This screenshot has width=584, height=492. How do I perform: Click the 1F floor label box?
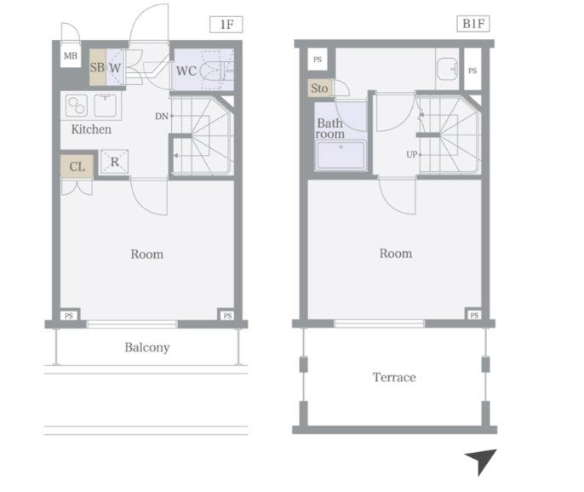pyautogui.click(x=226, y=25)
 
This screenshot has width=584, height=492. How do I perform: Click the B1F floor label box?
pyautogui.click(x=473, y=24)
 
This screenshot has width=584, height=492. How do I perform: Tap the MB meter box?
pyautogui.click(x=71, y=56)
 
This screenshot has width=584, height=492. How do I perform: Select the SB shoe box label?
pyautogui.click(x=97, y=67)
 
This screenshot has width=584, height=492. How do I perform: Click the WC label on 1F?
pyautogui.click(x=186, y=71)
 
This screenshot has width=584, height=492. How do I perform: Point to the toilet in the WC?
pyautogui.click(x=216, y=70)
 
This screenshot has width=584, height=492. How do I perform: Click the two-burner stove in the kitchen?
pyautogui.click(x=77, y=106)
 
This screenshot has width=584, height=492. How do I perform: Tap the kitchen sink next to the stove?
pyautogui.click(x=105, y=106)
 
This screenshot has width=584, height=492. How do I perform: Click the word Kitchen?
pyautogui.click(x=91, y=129)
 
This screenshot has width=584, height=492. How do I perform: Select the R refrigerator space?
pyautogui.click(x=115, y=162)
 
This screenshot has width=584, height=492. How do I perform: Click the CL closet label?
pyautogui.click(x=77, y=167)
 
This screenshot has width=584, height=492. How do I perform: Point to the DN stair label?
pyautogui.click(x=162, y=117)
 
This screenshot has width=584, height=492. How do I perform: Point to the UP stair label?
pyautogui.click(x=411, y=154)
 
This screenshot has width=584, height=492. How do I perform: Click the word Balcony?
pyautogui.click(x=147, y=347)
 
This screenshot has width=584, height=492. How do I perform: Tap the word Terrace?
pyautogui.click(x=394, y=377)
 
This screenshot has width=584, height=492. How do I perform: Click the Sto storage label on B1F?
pyautogui.click(x=319, y=89)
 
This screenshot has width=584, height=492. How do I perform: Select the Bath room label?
pyautogui.click(x=329, y=129)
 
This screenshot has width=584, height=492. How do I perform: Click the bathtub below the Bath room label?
pyautogui.click(x=341, y=155)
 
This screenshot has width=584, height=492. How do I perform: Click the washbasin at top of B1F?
pyautogui.click(x=447, y=69)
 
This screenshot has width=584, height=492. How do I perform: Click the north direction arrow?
pyautogui.click(x=483, y=461)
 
